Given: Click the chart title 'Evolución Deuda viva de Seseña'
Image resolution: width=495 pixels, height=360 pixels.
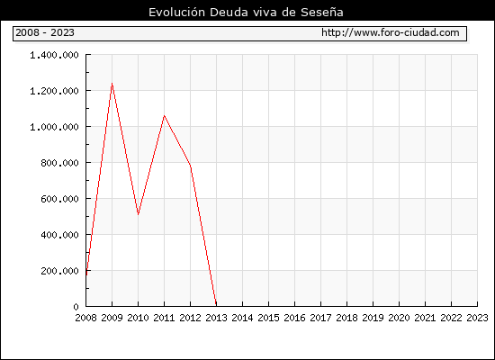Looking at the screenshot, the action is (x=246, y=12).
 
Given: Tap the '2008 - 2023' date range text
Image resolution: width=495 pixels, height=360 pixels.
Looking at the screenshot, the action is (x=45, y=32).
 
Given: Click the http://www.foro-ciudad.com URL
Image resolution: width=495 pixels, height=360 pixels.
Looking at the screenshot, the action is (x=391, y=32).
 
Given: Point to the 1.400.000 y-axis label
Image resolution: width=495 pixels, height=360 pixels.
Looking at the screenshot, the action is (x=54, y=55).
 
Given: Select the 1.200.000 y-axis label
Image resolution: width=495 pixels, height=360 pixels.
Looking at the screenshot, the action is (x=54, y=91).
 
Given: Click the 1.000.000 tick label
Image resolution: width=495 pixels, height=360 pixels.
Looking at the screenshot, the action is (x=54, y=127).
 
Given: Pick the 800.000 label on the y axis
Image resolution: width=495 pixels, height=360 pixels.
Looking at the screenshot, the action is (x=59, y=163).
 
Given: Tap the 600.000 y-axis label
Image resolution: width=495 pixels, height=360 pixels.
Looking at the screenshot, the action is (x=59, y=199).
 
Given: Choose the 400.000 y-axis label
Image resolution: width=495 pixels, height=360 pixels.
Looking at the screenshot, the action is (x=59, y=235).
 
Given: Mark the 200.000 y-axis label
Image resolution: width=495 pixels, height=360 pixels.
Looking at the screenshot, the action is (x=59, y=271).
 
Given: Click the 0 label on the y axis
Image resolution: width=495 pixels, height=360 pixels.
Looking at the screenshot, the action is (x=76, y=307).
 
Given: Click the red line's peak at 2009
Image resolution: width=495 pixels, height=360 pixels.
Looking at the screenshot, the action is (x=112, y=83).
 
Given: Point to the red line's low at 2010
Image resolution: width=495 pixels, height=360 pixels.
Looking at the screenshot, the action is (x=138, y=215).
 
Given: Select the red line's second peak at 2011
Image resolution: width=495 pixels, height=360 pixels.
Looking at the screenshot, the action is (x=164, y=115).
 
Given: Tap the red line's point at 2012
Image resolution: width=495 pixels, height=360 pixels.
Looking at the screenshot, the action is (x=191, y=166).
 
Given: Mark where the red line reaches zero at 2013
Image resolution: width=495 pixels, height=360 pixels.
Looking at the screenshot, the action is (x=216, y=305).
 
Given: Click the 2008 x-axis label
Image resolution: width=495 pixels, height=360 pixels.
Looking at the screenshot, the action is (x=85, y=318).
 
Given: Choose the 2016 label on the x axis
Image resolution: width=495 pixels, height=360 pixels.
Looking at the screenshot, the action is (x=294, y=318).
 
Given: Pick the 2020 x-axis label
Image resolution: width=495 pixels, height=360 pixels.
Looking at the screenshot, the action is (x=399, y=318).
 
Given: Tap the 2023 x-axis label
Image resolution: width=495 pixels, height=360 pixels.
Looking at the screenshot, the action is (x=477, y=318).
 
